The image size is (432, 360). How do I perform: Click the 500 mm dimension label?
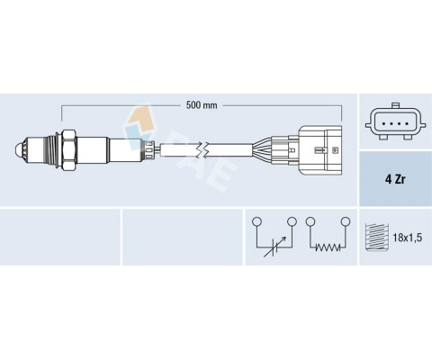(202, 105)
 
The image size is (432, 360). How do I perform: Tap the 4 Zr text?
(395, 179)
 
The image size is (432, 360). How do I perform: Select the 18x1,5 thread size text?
(408, 238)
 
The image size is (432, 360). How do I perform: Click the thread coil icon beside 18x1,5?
(378, 238)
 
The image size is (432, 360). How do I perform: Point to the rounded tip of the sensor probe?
(19, 149)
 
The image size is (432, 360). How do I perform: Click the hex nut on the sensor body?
(68, 149)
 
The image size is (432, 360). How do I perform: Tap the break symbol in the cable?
(203, 149)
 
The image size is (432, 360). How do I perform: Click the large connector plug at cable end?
(320, 149)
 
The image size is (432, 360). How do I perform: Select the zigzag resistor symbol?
(328, 247)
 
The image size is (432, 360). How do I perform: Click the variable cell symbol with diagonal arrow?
(274, 247)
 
